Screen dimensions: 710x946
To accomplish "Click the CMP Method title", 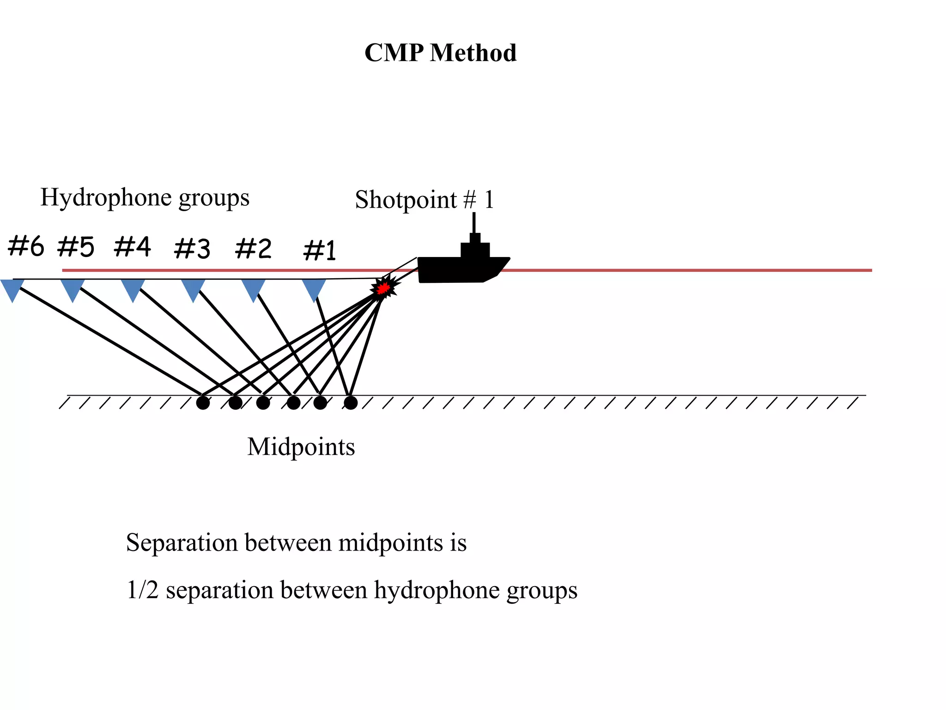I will (440, 53).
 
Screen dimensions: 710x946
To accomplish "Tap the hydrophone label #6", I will (26, 246).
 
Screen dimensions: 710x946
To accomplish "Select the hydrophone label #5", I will (76, 247).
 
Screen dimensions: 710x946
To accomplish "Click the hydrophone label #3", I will (192, 249).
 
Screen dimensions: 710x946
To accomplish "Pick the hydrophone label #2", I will (253, 249).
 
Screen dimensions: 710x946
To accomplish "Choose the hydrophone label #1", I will (320, 251).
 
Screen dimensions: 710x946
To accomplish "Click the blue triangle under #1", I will (314, 288).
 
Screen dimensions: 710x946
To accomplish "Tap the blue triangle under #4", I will (133, 288).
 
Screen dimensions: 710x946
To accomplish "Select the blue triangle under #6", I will (12, 288).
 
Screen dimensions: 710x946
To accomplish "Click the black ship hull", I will (457, 270).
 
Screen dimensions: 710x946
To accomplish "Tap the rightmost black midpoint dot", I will (351, 403).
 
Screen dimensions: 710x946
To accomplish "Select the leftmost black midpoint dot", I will (203, 403).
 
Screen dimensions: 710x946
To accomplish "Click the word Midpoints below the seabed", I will (301, 447).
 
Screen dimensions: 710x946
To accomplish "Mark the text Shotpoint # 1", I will (424, 200).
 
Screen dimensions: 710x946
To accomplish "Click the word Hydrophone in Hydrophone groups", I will (106, 198).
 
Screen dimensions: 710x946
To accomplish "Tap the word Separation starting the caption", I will (182, 543).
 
